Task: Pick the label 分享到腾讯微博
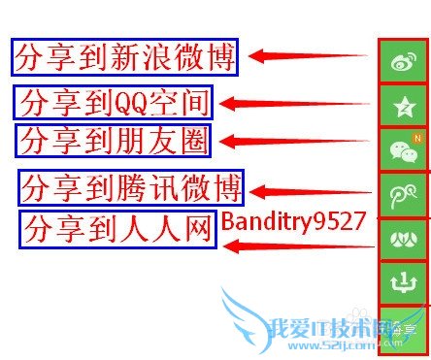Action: pyautogui.click(x=132, y=184)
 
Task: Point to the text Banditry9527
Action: pyautogui.click(x=292, y=221)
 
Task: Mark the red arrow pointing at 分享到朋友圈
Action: pyautogui.click(x=295, y=142)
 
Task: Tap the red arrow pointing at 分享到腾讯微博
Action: pyautogui.click(x=311, y=192)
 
